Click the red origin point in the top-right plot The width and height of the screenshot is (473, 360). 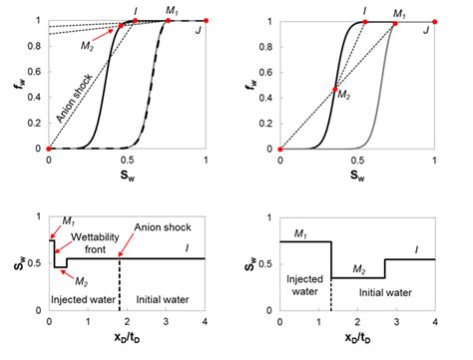pyautogui.click(x=280, y=149)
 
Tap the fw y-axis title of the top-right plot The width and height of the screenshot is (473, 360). pyautogui.click(x=249, y=84)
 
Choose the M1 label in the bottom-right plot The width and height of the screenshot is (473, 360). pyautogui.click(x=300, y=231)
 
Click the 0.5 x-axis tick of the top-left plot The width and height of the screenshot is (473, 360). pyautogui.click(x=127, y=160)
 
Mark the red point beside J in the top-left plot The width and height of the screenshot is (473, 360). pyautogui.click(x=206, y=20)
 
